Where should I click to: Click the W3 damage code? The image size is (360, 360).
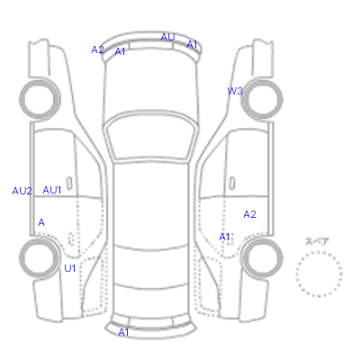point(235,91)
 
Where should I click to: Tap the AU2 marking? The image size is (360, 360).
point(22,191)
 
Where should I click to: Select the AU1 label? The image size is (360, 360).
point(52,190)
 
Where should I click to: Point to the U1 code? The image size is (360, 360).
point(70,268)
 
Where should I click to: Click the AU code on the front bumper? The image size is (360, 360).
point(167,37)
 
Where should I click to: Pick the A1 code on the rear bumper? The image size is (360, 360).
point(123,332)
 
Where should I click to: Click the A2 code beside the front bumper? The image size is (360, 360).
point(97,49)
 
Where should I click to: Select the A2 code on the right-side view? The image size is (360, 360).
point(249,214)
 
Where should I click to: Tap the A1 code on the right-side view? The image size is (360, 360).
point(224,237)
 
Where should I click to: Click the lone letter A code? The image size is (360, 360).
point(41,222)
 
